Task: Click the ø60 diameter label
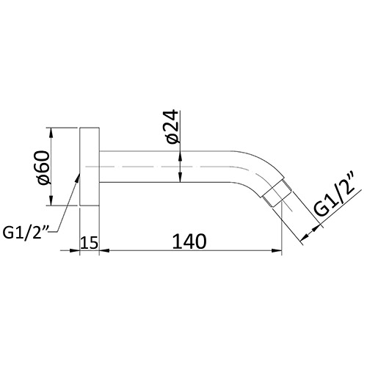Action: coord(44,168)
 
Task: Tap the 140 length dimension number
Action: coord(189,241)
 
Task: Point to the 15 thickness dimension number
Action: coord(90,243)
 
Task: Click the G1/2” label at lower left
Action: coord(26,233)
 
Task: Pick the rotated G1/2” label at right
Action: coord(335,197)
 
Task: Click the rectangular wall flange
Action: coord(90,167)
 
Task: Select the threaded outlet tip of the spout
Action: coord(277,194)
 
